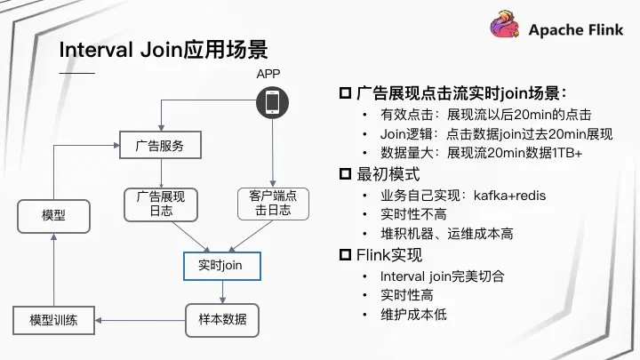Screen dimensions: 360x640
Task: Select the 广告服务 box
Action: [160, 145]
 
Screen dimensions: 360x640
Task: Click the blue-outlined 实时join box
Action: [213, 265]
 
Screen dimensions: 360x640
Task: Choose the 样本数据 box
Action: [216, 319]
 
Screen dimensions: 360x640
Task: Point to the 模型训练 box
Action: [53, 320]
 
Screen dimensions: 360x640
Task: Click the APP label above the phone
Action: [268, 73]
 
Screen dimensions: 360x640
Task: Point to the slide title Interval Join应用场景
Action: [164, 48]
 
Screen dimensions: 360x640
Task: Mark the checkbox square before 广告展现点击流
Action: [346, 93]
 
